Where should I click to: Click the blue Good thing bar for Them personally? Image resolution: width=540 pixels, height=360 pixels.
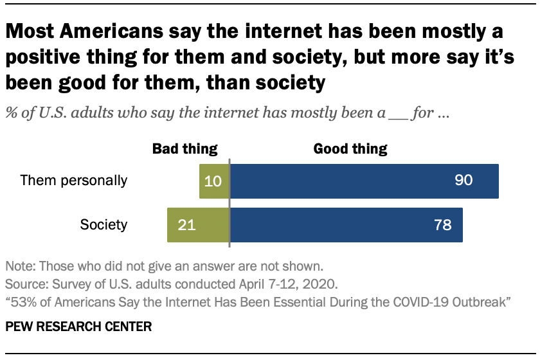(364, 181)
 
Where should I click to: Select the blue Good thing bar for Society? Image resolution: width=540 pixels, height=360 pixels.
(346, 225)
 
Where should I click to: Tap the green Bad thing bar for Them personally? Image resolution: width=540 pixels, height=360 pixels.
(213, 181)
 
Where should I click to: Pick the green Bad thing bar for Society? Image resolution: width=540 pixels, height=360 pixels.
(197, 225)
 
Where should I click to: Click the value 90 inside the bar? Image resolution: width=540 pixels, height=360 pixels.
(464, 181)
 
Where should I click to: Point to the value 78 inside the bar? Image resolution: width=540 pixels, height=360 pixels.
(443, 225)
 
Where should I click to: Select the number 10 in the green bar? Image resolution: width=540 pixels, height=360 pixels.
(213, 181)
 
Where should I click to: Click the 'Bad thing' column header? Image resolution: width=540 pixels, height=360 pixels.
(184, 149)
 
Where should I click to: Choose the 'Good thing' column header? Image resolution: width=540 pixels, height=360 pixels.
(350, 149)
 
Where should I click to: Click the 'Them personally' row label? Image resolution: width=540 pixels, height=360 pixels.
(74, 181)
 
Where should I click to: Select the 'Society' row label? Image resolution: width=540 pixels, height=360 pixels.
(104, 225)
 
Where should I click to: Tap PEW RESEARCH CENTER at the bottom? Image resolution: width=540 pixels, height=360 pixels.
(78, 327)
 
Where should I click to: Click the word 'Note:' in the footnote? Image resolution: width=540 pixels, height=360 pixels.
(20, 265)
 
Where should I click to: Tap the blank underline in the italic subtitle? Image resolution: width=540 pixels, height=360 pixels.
(396, 116)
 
